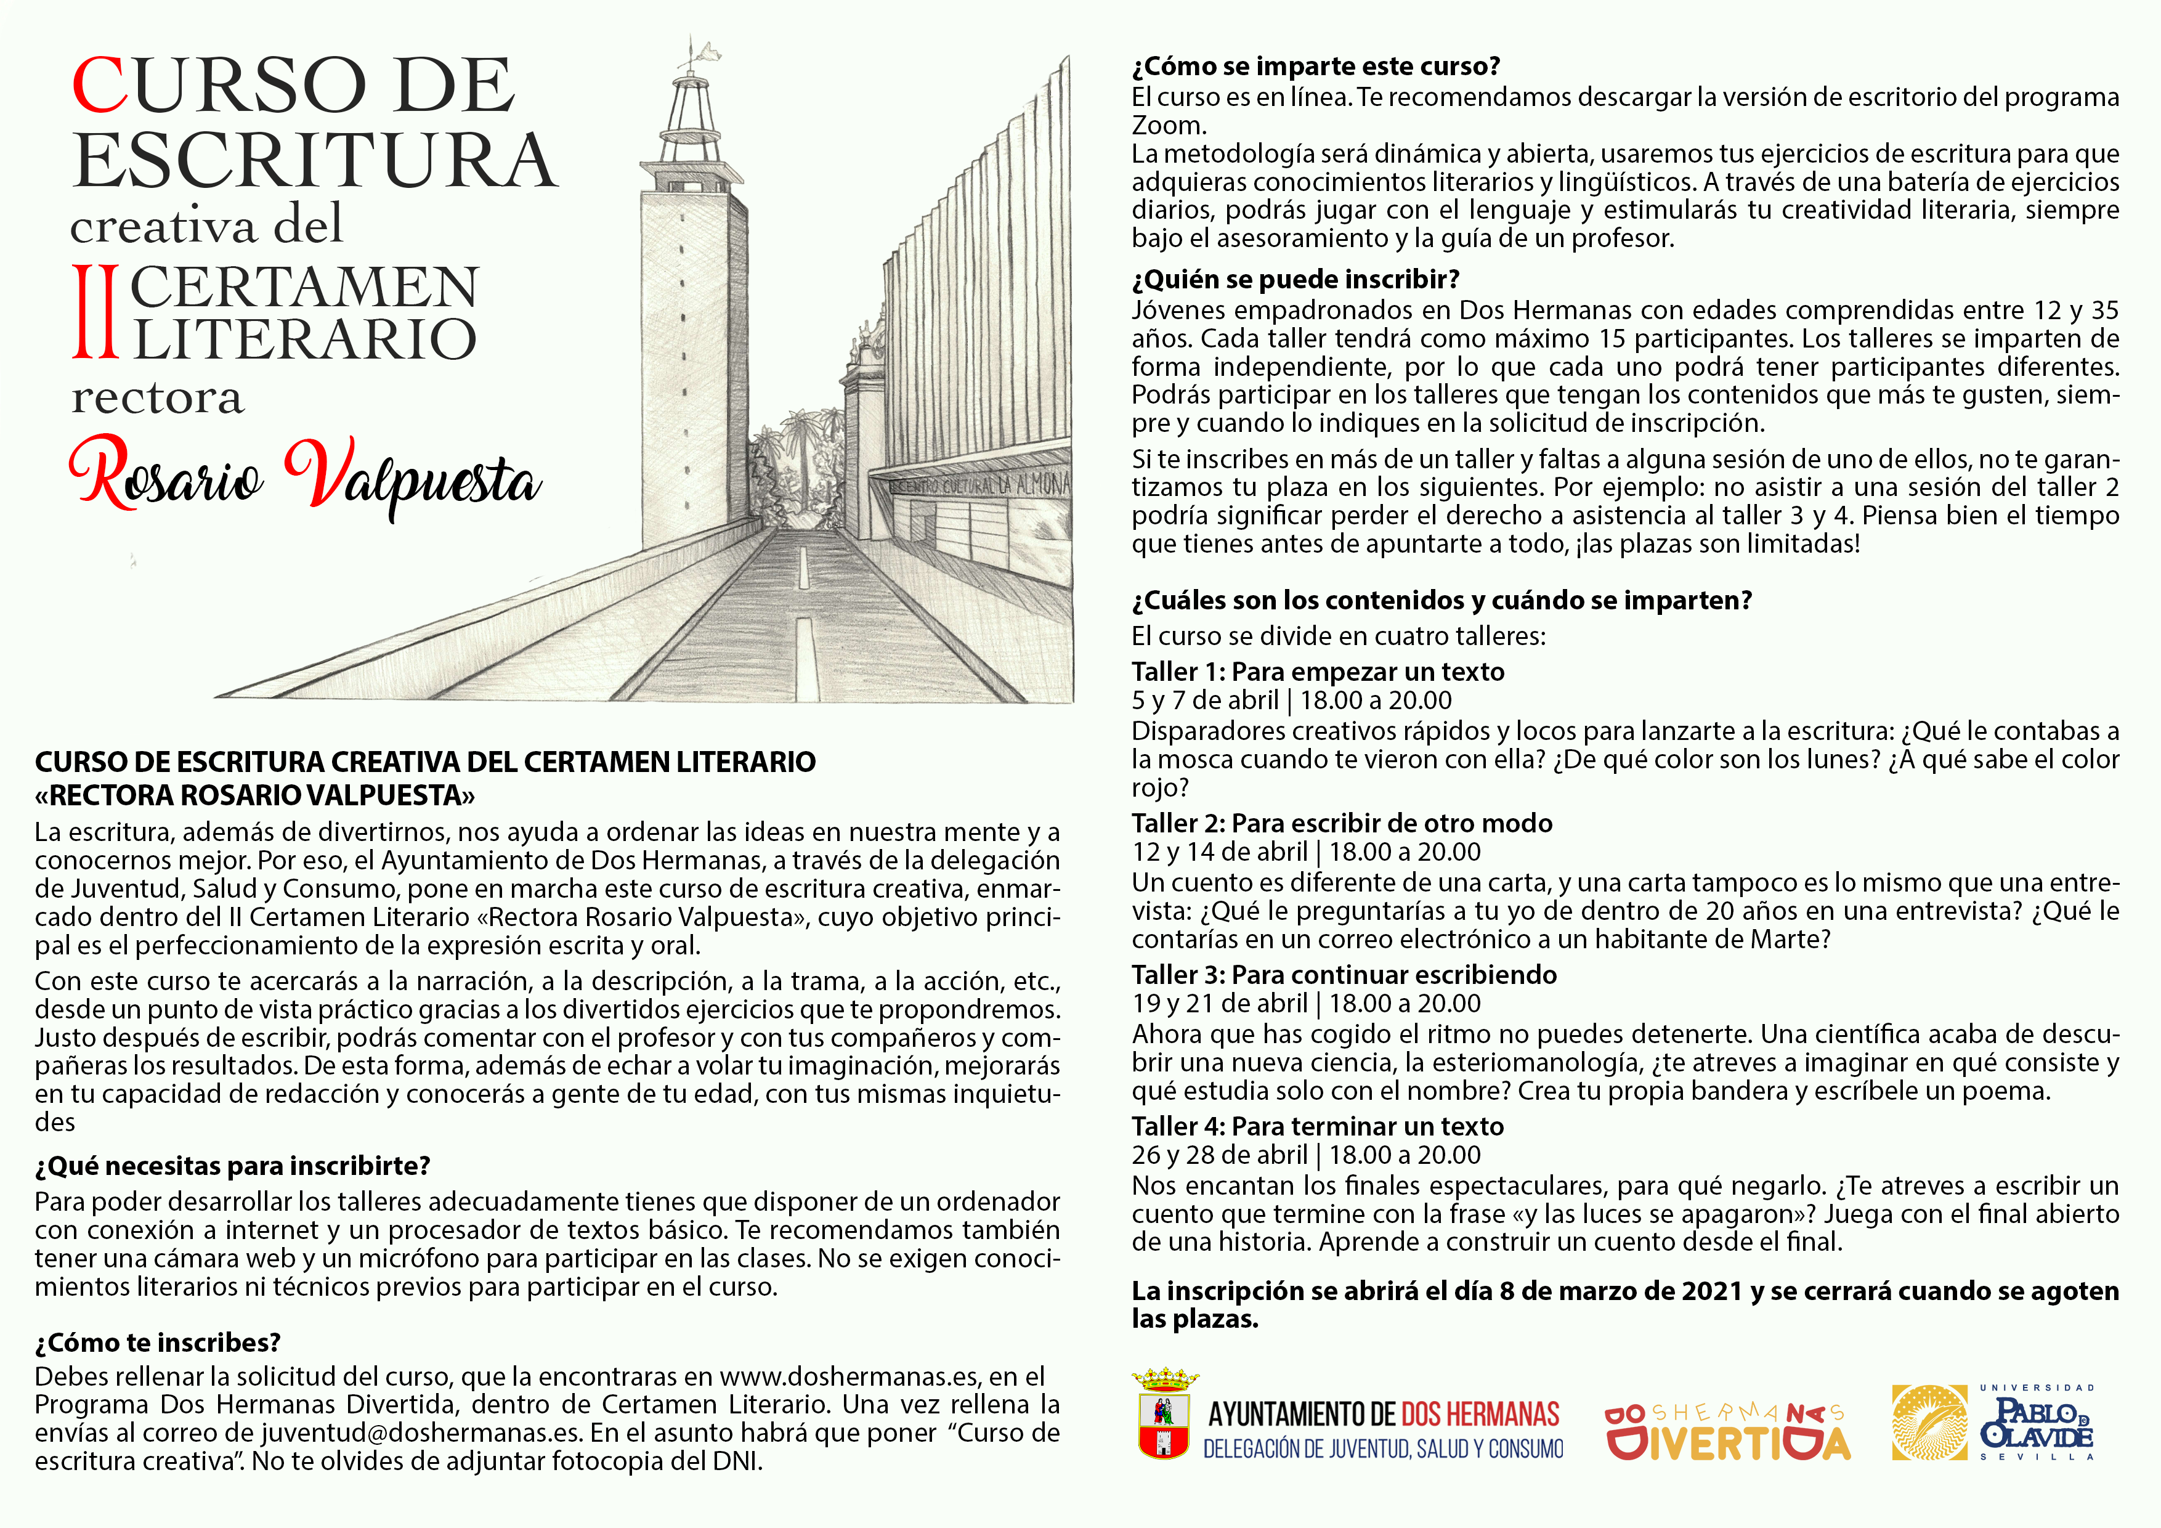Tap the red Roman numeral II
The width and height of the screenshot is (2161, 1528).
click(95, 312)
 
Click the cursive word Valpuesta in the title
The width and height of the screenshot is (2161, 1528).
click(412, 478)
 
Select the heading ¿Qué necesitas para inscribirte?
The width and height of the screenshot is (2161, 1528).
click(232, 1166)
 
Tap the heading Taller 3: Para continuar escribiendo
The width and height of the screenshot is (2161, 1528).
click(1344, 975)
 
